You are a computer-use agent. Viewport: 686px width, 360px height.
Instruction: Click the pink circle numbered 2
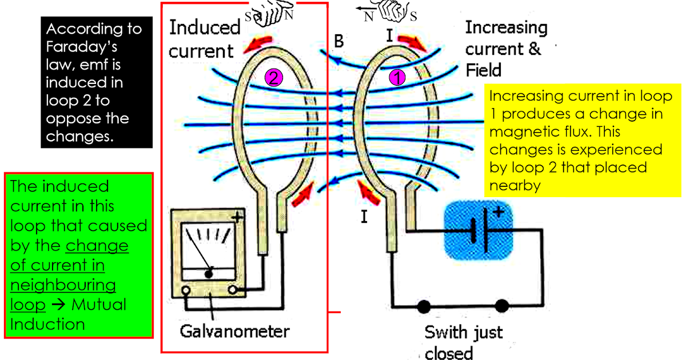pyautogui.click(x=274, y=78)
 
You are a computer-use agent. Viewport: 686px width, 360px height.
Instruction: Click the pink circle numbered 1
pyautogui.click(x=397, y=78)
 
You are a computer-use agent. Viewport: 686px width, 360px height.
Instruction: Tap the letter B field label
pyautogui.click(x=338, y=41)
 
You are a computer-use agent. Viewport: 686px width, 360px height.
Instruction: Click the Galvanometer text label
pyautogui.click(x=235, y=331)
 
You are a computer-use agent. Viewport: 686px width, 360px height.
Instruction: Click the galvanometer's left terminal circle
pyautogui.click(x=186, y=291)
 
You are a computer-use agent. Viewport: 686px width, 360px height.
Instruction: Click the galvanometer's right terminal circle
pyautogui.click(x=233, y=291)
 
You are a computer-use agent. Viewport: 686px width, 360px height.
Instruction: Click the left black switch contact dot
pyautogui.click(x=424, y=307)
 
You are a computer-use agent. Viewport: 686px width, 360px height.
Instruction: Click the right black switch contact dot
pyautogui.click(x=501, y=307)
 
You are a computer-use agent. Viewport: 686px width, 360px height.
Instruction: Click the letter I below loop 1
pyautogui.click(x=364, y=217)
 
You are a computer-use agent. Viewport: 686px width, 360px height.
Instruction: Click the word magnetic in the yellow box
pyautogui.click(x=520, y=131)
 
